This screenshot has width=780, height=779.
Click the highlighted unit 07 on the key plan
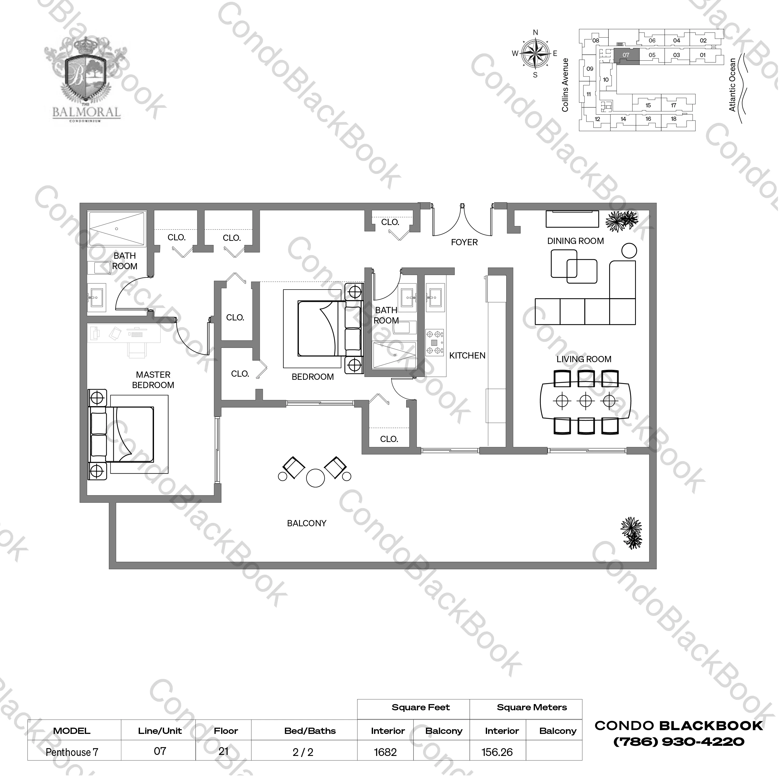pos(626,56)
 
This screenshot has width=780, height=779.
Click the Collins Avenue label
pos(565,85)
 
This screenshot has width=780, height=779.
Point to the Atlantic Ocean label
pos(732,85)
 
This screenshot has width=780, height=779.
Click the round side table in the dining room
pos(629,251)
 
